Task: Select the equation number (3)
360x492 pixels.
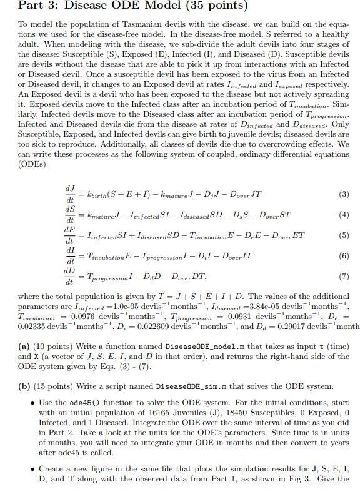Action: pyautogui.click(x=343, y=194)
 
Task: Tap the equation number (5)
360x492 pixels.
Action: pyautogui.click(x=343, y=235)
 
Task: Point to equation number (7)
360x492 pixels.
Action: pyautogui.click(x=343, y=277)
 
